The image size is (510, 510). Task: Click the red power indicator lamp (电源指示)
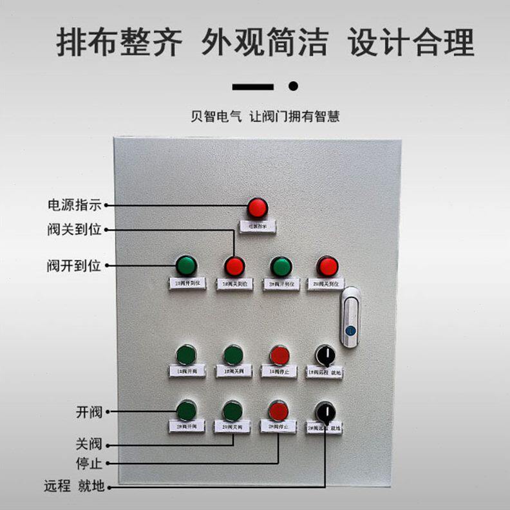click(x=257, y=207)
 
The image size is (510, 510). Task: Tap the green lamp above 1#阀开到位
click(x=186, y=265)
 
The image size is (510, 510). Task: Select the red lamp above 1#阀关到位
click(x=234, y=265)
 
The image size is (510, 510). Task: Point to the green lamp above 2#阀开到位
click(x=281, y=265)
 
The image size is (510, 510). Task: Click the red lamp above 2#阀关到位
click(x=328, y=265)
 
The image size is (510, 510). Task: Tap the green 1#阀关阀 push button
click(x=233, y=354)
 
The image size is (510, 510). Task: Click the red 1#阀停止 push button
click(x=279, y=354)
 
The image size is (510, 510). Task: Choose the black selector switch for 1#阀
click(x=325, y=354)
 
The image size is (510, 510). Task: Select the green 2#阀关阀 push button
click(x=232, y=410)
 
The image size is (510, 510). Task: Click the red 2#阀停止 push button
click(x=278, y=410)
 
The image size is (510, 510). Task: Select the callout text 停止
click(x=89, y=464)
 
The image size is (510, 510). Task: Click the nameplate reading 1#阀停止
click(x=279, y=372)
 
